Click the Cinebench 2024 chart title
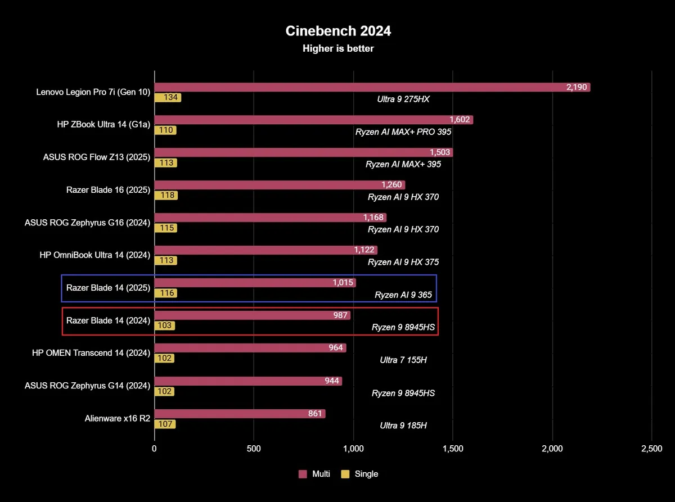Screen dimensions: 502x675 point(338,31)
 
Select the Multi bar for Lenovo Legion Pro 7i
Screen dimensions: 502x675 point(372,87)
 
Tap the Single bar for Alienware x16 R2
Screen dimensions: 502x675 point(165,424)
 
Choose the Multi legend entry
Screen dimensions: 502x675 point(314,474)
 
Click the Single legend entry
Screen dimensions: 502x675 point(360,474)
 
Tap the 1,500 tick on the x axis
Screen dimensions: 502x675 point(453,449)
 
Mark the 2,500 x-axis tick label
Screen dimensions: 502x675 point(651,449)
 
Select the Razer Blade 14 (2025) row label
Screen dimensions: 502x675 point(108,288)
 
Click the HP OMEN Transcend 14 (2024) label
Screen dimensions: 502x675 point(91,353)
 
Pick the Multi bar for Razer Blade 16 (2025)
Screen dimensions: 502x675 point(280,185)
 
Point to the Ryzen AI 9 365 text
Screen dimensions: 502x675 point(405,295)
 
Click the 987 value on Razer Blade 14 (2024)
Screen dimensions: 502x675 point(340,315)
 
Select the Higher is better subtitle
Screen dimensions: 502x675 point(338,48)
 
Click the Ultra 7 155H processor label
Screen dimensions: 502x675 point(403,360)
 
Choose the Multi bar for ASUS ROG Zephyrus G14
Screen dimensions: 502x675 point(248,381)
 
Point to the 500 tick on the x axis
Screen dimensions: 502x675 point(254,449)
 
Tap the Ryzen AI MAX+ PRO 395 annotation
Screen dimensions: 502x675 point(403,132)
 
